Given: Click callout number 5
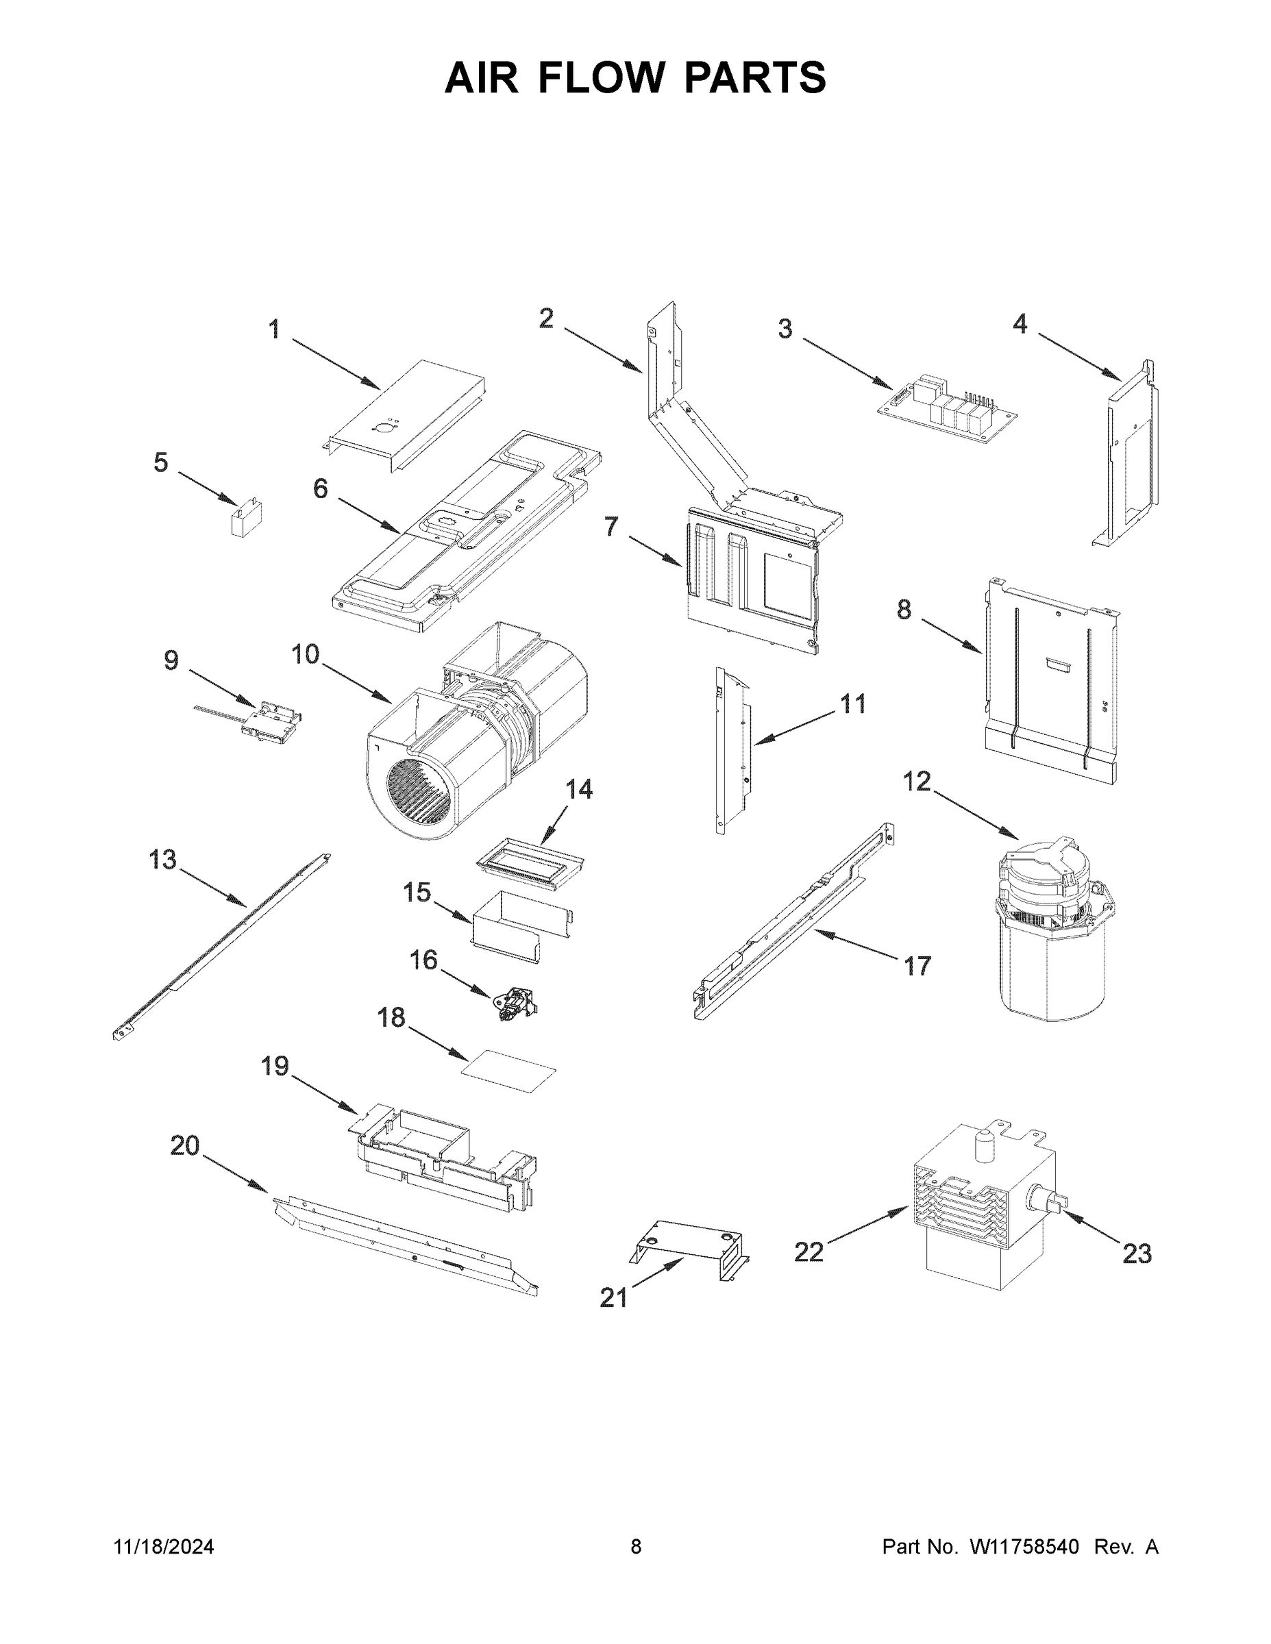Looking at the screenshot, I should click(160, 462).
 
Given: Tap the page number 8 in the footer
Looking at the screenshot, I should click(636, 1547).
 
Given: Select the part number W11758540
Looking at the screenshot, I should click(1025, 1547).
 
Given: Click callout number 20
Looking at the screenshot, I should click(184, 1146).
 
